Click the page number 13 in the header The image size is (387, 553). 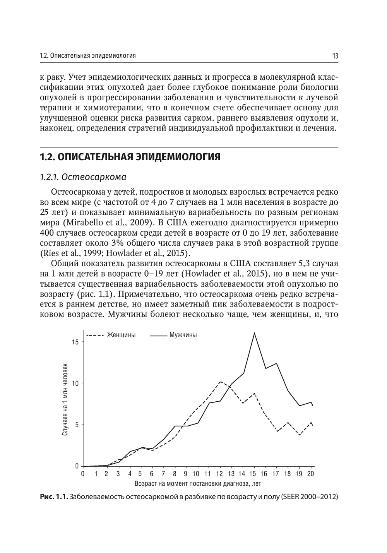click(x=335, y=56)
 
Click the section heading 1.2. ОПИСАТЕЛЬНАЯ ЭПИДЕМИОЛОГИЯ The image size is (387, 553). click(x=130, y=157)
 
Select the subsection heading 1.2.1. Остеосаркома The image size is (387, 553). click(x=83, y=177)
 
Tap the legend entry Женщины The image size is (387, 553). click(x=121, y=335)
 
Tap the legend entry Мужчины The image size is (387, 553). click(x=183, y=335)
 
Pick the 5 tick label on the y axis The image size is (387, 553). click(x=76, y=425)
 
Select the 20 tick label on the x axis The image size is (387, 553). click(x=310, y=473)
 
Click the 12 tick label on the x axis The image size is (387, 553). click(x=220, y=473)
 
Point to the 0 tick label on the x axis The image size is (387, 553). click(x=83, y=473)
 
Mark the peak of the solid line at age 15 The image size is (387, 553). click(x=254, y=333)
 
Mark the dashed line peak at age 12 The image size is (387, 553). click(x=220, y=382)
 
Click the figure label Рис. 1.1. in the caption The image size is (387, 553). click(x=54, y=497)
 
